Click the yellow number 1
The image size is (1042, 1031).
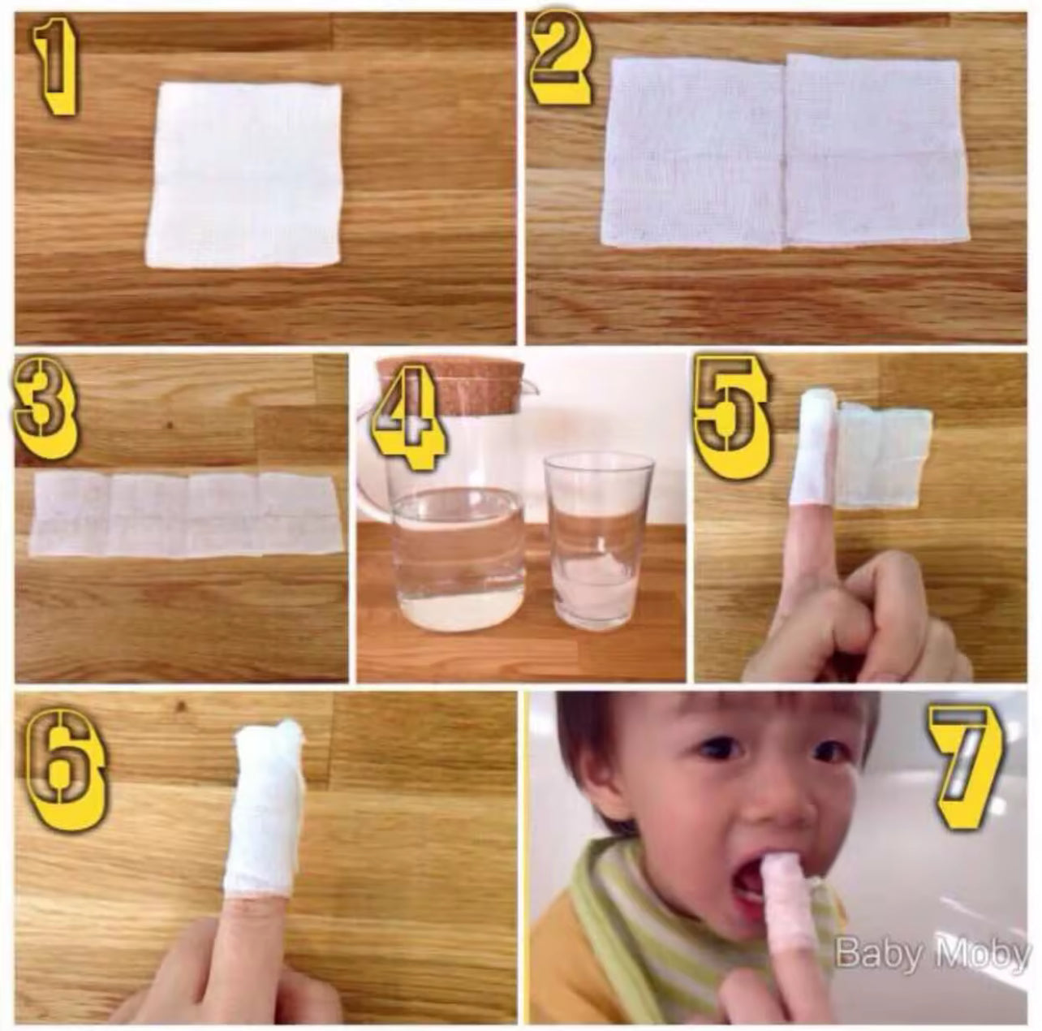point(54,66)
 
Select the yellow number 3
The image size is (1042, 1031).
point(45,407)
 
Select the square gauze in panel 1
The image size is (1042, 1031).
point(244,175)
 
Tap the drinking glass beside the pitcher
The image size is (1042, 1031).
point(598,542)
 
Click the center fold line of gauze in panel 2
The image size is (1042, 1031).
point(784,153)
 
